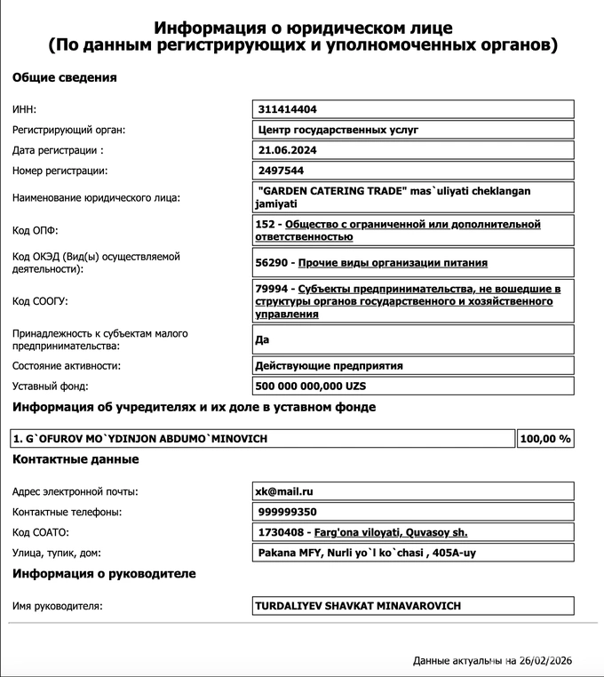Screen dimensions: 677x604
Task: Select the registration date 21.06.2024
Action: point(288,150)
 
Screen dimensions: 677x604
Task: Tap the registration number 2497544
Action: point(281,171)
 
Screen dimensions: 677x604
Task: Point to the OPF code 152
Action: point(264,225)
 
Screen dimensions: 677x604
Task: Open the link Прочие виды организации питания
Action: point(393,263)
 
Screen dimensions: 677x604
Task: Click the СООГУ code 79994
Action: point(271,290)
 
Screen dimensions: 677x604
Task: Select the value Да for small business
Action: point(262,339)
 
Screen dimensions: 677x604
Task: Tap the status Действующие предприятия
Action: point(329,365)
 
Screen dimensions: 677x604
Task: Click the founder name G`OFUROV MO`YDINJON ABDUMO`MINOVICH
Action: point(140,439)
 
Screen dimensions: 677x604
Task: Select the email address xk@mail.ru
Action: point(284,491)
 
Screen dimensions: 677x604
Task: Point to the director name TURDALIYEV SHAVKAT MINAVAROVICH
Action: point(358,606)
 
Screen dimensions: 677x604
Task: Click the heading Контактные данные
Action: point(75,460)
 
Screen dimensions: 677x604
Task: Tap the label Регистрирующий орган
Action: point(69,130)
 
